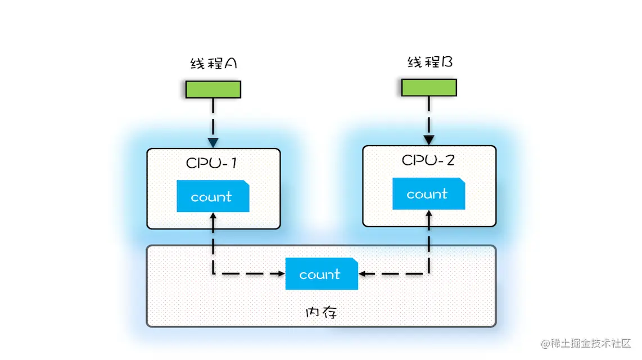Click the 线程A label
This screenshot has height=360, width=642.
[x=213, y=64]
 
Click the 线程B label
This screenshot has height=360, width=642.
[x=430, y=62]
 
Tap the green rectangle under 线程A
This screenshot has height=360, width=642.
[x=213, y=89]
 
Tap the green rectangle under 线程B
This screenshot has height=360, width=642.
[x=428, y=87]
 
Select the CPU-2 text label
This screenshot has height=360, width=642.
[x=428, y=160]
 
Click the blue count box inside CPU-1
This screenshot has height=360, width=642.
[x=213, y=196]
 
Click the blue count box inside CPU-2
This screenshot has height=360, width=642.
[x=428, y=194]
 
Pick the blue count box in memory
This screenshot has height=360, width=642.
[x=322, y=274]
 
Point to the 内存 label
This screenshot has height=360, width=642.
[x=322, y=312]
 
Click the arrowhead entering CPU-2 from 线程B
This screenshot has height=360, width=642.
[x=429, y=139]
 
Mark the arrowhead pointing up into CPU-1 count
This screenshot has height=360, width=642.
[x=213, y=217]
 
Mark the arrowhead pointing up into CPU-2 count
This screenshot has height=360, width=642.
[x=429, y=214]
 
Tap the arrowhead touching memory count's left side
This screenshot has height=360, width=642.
[x=281, y=274]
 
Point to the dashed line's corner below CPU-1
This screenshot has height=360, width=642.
[x=213, y=274]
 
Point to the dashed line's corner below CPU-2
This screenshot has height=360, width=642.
[x=429, y=274]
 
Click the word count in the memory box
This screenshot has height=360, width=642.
[x=319, y=274]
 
